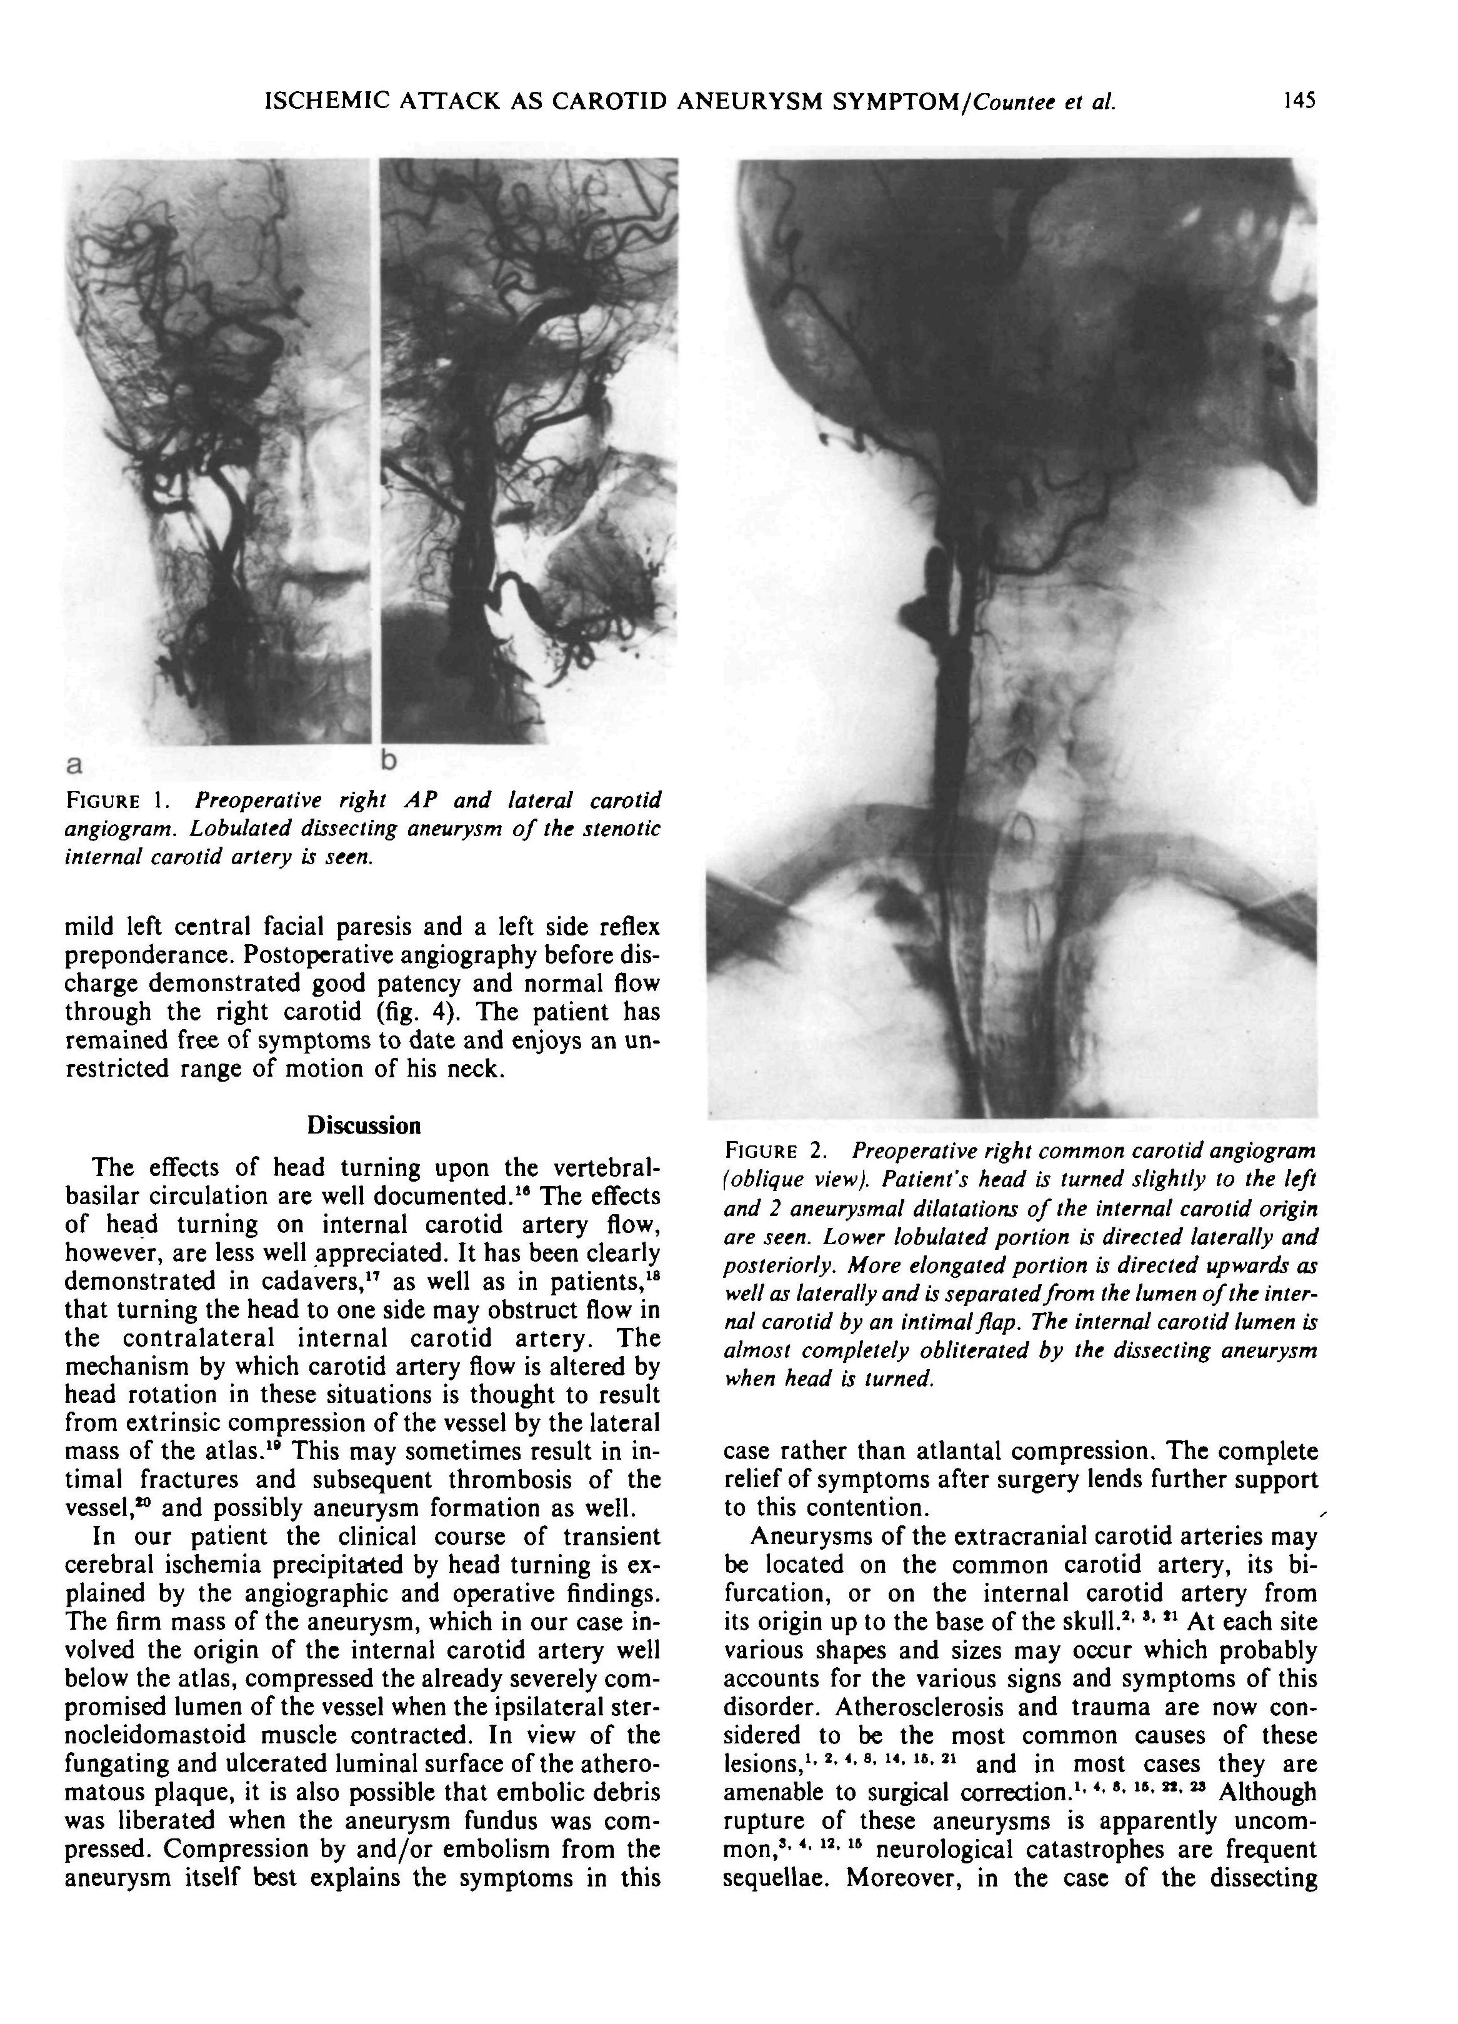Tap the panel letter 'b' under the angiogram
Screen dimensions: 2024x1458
[x=387, y=760]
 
